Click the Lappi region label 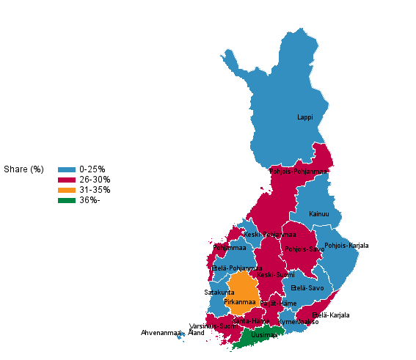click(304, 117)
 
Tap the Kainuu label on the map click(319, 214)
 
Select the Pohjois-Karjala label click(346, 246)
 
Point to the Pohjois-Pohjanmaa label click(299, 172)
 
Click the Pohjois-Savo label click(304, 249)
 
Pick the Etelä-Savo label click(307, 288)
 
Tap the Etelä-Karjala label click(330, 315)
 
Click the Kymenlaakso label click(298, 322)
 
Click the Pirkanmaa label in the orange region click(239, 302)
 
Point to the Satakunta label click(219, 293)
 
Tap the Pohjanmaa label click(229, 248)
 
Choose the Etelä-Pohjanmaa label click(236, 268)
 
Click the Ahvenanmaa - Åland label click(172, 333)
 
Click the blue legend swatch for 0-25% click(67, 169)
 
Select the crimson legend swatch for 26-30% click(67, 180)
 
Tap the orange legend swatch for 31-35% click(67, 190)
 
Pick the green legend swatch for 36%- click(67, 200)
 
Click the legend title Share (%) click(23, 169)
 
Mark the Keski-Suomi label click(275, 275)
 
